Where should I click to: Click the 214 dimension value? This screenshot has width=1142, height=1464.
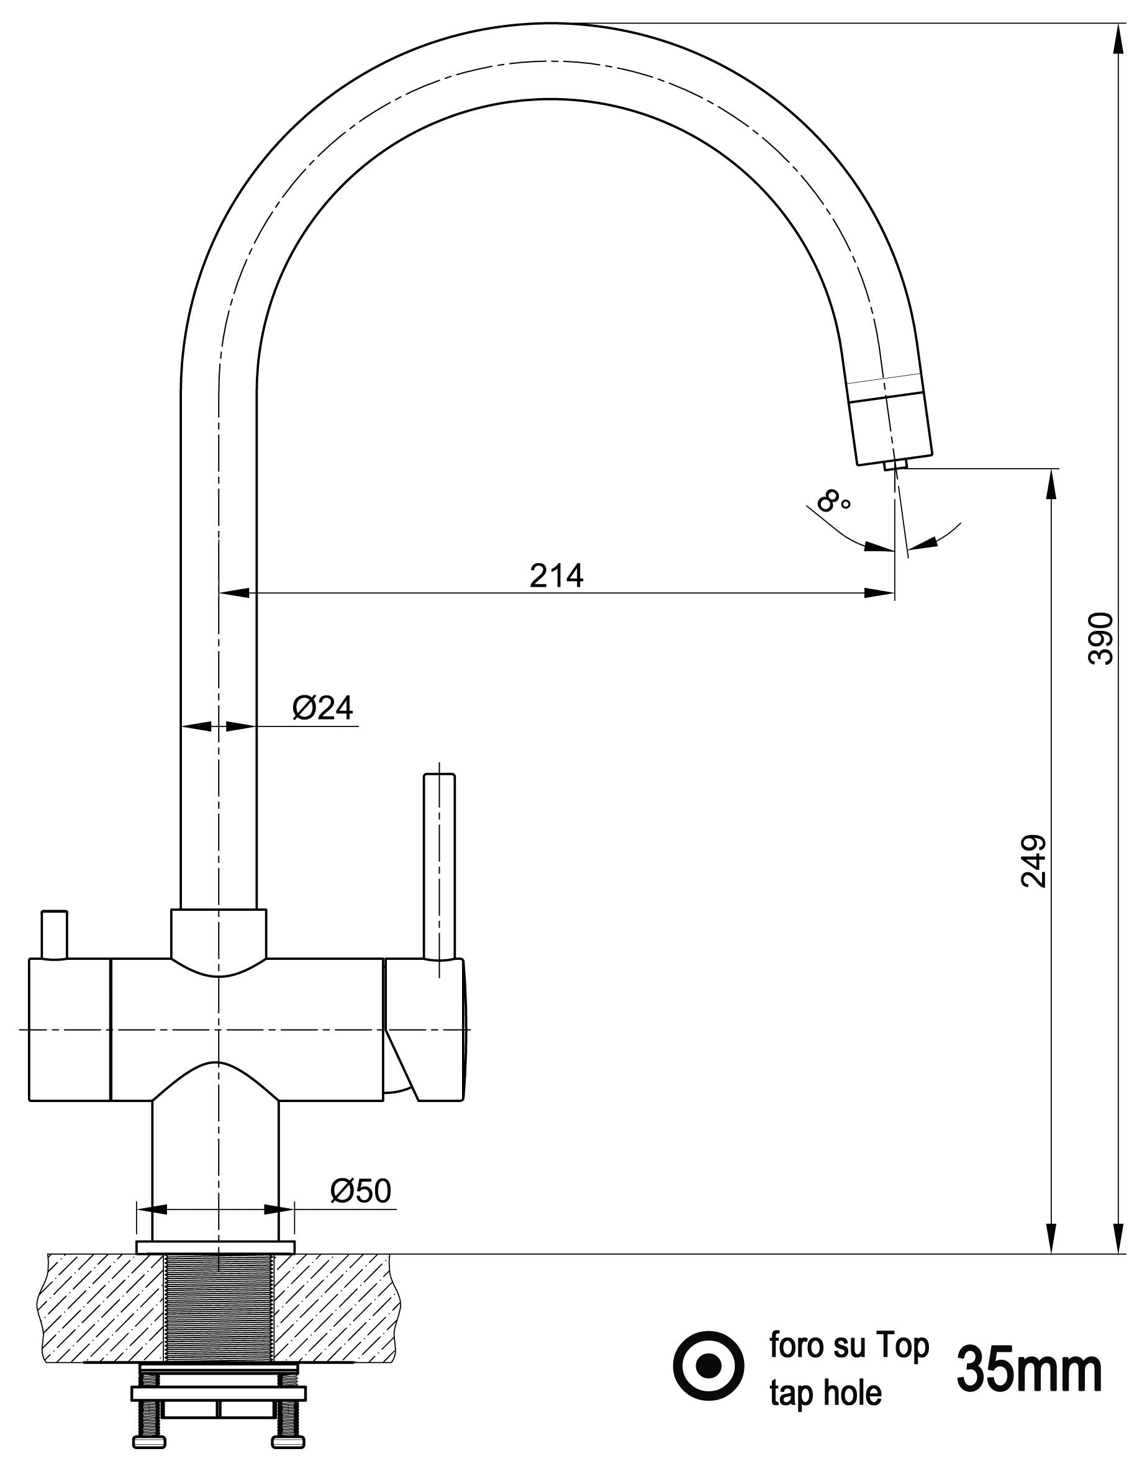point(556,575)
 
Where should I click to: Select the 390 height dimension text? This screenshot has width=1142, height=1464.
point(1100,638)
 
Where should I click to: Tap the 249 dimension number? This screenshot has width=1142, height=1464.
point(1033,861)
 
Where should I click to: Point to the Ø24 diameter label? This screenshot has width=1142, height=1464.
point(322,708)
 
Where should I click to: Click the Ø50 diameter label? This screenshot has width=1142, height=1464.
point(360,1191)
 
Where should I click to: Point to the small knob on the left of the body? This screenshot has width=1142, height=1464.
point(54,934)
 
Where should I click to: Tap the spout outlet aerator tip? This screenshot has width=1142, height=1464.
point(895,464)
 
